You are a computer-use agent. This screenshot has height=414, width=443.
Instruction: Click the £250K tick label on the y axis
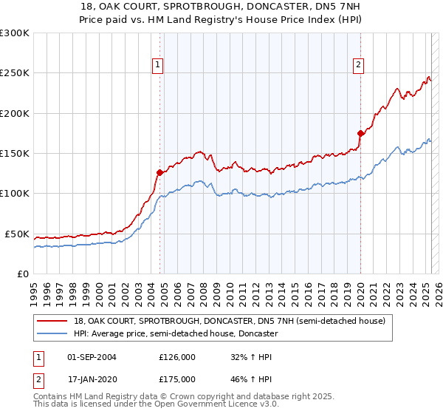point(15,73)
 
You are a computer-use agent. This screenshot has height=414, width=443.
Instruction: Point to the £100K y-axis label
point(15,194)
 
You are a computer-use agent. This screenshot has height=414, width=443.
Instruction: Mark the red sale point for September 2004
point(159,173)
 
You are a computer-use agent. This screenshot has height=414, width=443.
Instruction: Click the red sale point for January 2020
point(360,133)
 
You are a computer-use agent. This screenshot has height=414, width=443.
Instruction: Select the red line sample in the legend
point(52,322)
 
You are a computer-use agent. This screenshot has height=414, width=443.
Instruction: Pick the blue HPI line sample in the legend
point(52,334)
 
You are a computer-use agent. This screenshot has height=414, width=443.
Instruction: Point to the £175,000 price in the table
point(177,379)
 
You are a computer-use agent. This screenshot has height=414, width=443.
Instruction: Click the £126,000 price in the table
point(177,357)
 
